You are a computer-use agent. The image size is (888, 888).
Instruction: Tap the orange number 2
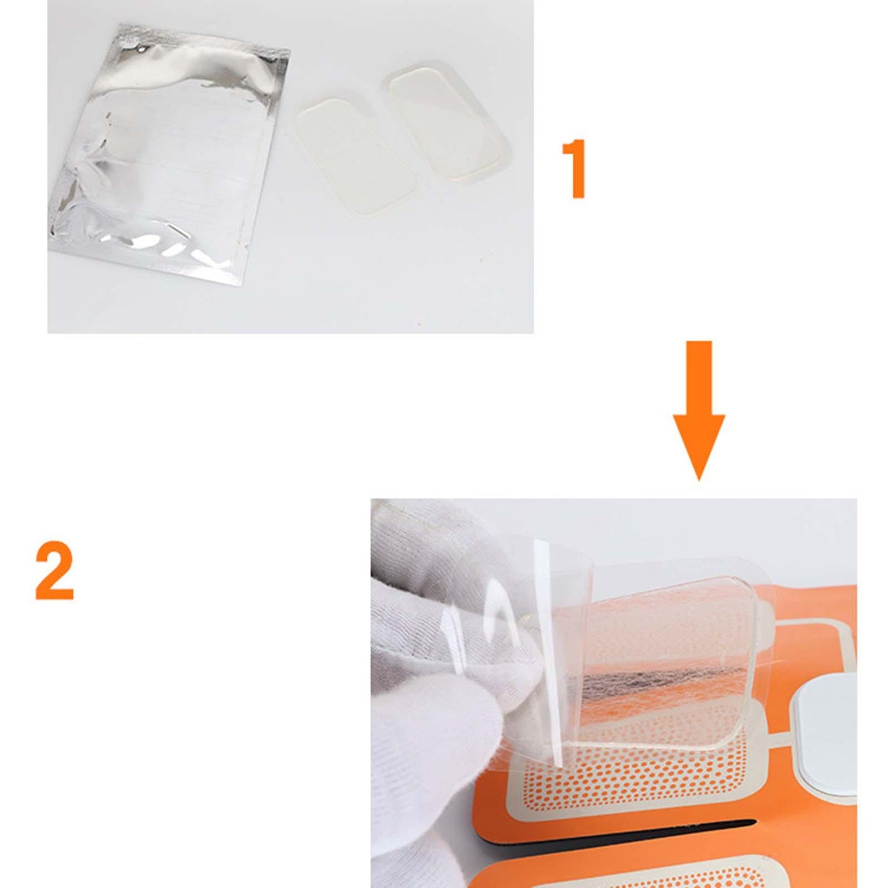click(54, 571)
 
